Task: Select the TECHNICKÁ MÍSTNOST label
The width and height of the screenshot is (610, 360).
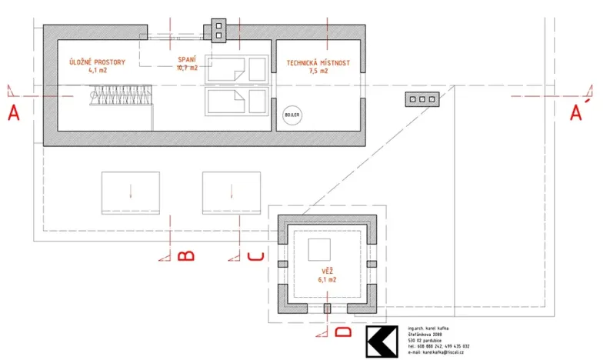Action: pos(318,62)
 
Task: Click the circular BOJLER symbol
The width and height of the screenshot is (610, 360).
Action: pos(293,114)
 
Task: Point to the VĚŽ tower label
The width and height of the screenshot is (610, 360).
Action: pos(328,272)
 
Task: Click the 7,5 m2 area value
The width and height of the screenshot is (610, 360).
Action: pos(318,70)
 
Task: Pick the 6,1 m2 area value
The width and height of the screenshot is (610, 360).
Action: pos(328,280)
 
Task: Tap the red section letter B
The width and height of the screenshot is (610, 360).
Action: pos(185,256)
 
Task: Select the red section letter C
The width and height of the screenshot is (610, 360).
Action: pos(257,256)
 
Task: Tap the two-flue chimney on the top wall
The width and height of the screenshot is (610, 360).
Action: pos(218,31)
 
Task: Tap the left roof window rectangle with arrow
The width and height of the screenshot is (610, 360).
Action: pos(131,192)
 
